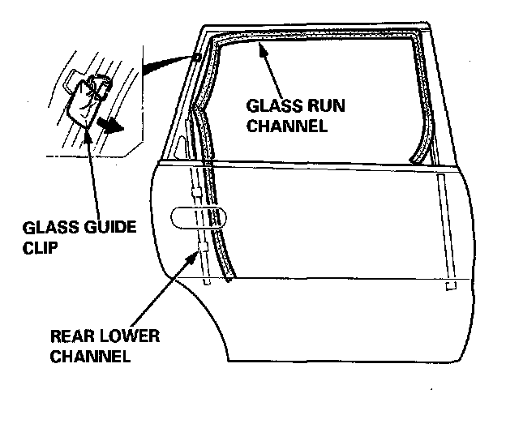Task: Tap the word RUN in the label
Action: click(x=312, y=107)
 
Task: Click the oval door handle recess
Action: click(x=199, y=218)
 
